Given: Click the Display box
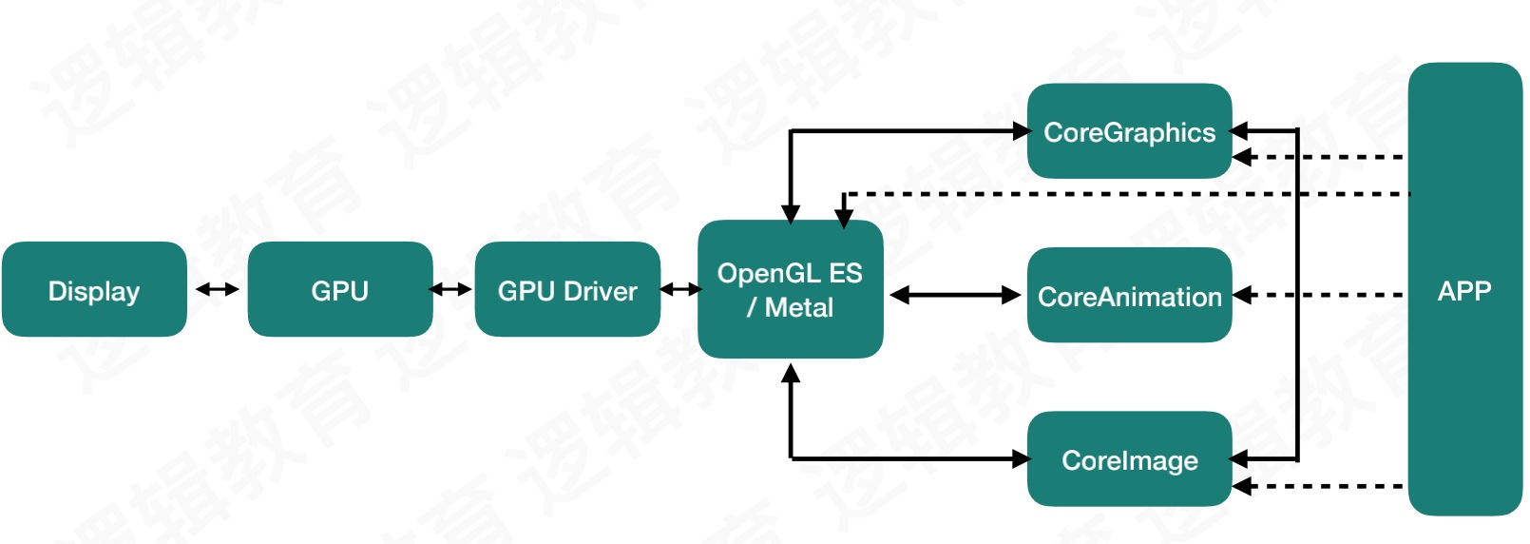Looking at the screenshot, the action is pos(94,289).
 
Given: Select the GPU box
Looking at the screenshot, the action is pos(340,289).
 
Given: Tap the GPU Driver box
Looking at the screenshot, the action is pos(567,289).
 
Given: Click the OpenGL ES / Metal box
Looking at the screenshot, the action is pos(791,289).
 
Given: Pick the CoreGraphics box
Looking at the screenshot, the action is pos(1130,130).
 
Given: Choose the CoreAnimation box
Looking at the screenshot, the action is pos(1130,295).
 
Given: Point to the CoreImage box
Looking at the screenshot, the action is pos(1130,458).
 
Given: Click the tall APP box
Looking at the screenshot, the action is pos(1465,289).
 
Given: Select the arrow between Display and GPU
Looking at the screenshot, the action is pos(218,290).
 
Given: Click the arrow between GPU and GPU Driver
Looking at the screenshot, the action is pos(450,290).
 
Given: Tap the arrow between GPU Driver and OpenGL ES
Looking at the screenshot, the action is pos(681,290).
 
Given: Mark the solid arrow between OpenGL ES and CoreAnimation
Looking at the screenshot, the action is pos(956,295).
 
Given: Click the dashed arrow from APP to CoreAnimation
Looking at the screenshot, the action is pos(1317,295).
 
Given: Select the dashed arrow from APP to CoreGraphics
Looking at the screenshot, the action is pos(1317,157).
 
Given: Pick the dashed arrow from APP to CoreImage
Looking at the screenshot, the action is pos(1317,487).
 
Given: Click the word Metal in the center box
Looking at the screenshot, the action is pos(798,307).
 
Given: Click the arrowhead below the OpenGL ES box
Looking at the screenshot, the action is pos(791,373).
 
